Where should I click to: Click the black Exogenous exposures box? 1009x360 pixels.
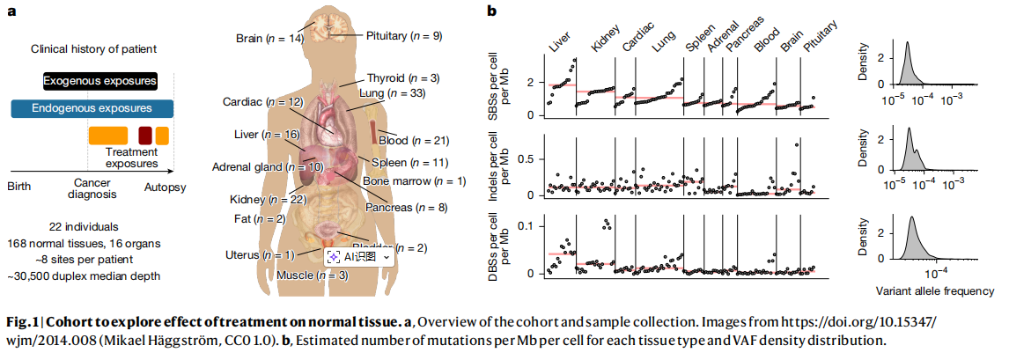(x=100, y=82)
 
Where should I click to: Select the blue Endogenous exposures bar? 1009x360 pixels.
(x=92, y=108)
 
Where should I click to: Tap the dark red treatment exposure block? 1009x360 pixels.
(x=145, y=136)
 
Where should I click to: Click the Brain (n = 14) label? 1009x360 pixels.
(x=269, y=39)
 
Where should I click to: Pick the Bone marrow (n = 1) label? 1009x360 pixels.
(x=401, y=181)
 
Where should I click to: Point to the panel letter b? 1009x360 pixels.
(x=493, y=11)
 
